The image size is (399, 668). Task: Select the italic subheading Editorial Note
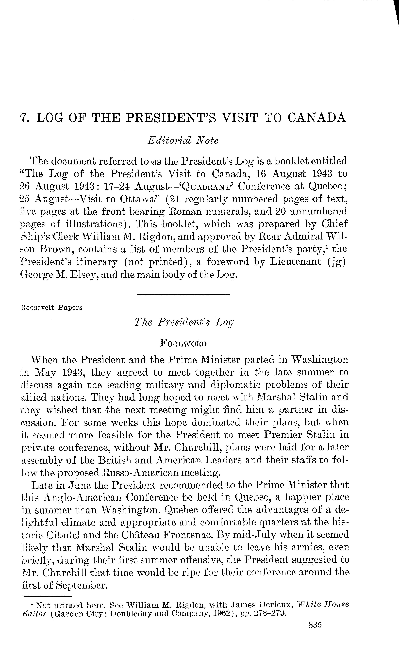183,140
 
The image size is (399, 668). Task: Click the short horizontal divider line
183,295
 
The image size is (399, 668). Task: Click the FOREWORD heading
183,343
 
